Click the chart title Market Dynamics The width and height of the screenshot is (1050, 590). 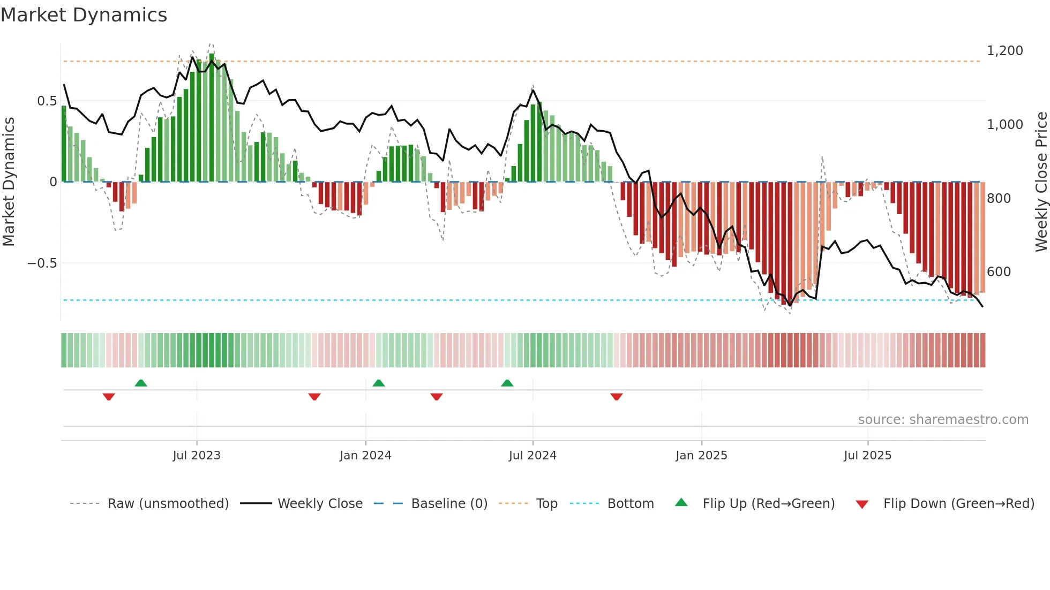coord(84,15)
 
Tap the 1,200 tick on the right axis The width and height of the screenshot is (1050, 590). coord(1004,51)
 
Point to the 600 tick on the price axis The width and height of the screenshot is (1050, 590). coord(999,272)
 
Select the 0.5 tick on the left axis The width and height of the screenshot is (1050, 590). coord(47,101)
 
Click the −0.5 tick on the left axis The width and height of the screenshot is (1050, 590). coord(42,263)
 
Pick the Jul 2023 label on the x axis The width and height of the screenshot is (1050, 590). coord(197,456)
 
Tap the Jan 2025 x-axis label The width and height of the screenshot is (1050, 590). coord(701,456)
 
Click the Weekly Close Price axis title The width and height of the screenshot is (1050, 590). coord(1041,181)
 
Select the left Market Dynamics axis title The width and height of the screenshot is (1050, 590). coord(9,181)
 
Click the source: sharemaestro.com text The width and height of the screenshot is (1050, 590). coord(943,420)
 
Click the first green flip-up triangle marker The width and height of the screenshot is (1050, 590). coord(141,383)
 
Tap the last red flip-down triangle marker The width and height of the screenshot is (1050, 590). coord(616,397)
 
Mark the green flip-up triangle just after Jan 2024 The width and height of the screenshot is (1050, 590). coord(378,383)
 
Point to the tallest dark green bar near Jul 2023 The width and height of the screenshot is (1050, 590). coord(212,118)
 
